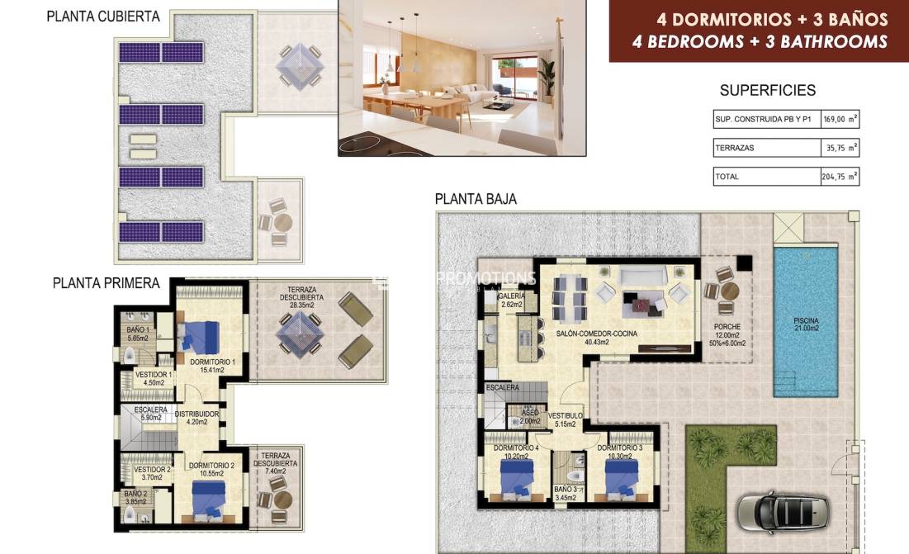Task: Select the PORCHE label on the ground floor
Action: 727,327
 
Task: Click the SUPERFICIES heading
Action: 767,91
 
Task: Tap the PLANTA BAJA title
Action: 476,199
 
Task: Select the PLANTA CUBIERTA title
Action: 103,17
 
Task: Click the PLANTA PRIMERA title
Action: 106,283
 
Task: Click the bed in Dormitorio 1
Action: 200,337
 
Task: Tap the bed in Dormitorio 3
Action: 621,477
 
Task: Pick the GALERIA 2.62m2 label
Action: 512,300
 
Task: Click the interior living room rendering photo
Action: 462,78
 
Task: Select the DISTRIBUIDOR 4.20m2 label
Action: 197,418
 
